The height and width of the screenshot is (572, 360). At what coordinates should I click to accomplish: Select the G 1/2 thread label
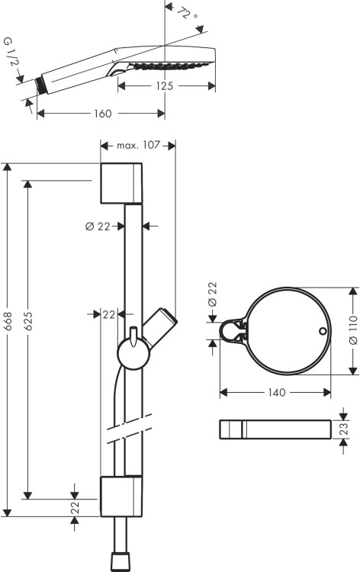click(x=11, y=52)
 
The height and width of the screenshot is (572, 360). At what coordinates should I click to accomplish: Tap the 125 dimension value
click(x=165, y=86)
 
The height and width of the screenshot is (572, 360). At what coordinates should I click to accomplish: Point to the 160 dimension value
click(x=102, y=114)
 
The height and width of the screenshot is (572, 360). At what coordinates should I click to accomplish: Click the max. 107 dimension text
click(x=138, y=145)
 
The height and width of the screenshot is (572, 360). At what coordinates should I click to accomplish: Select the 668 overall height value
click(x=8, y=321)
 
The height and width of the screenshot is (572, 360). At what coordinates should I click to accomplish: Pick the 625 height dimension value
click(x=28, y=321)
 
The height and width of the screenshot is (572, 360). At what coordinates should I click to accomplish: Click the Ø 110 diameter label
click(x=353, y=330)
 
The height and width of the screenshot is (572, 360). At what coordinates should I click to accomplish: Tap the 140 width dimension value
click(x=277, y=393)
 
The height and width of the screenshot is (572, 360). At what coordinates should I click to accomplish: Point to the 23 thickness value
click(x=344, y=429)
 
